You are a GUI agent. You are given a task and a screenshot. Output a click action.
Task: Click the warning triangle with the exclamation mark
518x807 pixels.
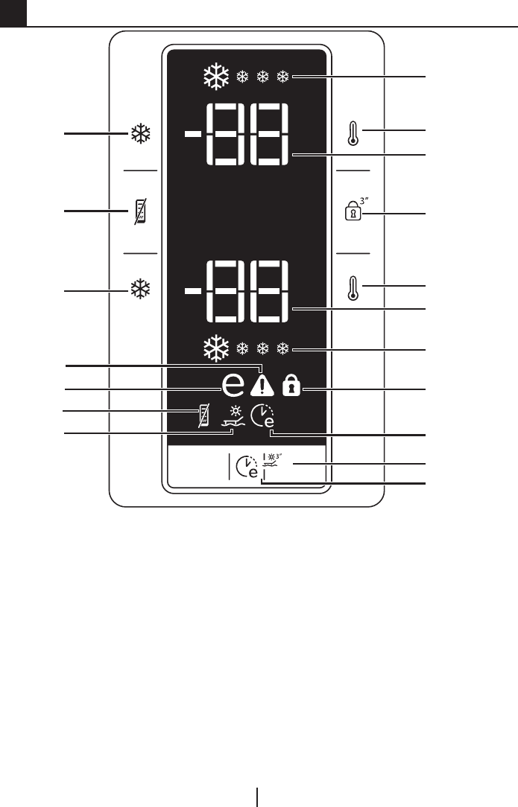[x=263, y=386]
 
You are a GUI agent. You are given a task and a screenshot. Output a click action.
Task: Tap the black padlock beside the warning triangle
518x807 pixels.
[x=293, y=386]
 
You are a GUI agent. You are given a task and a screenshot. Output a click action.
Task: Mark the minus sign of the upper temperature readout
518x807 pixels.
[x=192, y=135]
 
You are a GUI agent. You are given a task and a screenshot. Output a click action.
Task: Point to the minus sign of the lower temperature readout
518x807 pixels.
[x=192, y=291]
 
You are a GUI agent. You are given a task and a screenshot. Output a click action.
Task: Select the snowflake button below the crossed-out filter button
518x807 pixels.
[x=140, y=290]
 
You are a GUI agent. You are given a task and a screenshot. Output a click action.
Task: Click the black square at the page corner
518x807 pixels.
[x=13, y=13]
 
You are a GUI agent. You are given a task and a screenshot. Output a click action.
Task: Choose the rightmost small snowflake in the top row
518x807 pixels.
[x=282, y=76]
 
